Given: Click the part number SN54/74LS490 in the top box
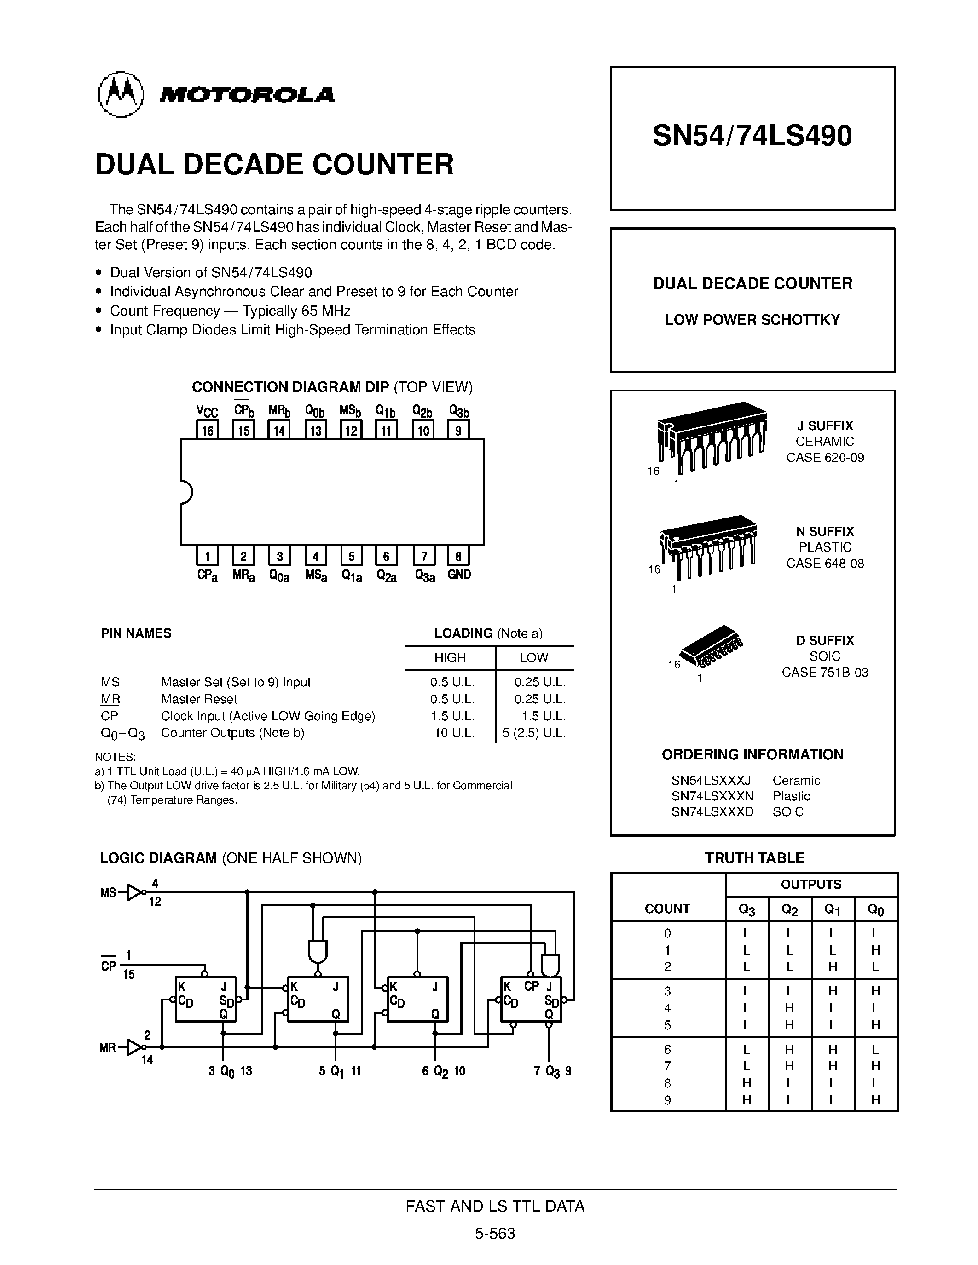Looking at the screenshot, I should point(752,137).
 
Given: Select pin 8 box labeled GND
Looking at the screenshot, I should point(458,556).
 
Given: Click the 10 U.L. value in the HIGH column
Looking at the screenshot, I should point(454,733).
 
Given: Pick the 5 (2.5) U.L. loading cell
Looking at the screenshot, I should point(533,733).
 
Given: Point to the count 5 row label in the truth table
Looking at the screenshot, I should point(667,1025).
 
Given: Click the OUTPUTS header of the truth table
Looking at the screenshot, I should point(810,885).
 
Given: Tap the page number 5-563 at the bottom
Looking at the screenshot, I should point(495,1234).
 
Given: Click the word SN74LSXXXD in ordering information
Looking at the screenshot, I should point(712,811).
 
